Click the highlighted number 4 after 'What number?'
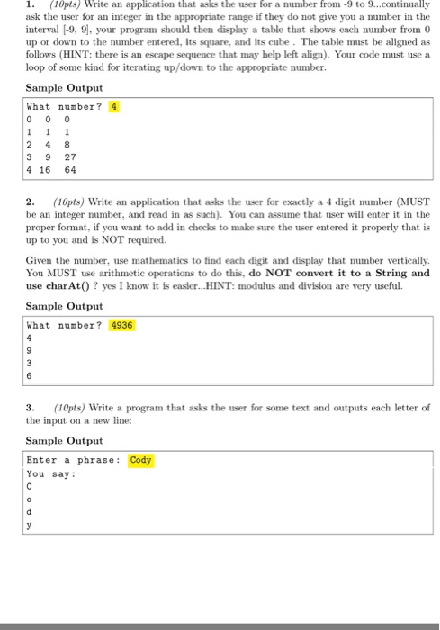pyautogui.click(x=113, y=106)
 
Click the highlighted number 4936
pyautogui.click(x=121, y=325)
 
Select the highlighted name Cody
pyautogui.click(x=141, y=460)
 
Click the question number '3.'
pyautogui.click(x=30, y=406)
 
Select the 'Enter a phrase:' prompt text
pyautogui.click(x=73, y=460)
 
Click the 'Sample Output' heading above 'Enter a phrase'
pyautogui.click(x=64, y=441)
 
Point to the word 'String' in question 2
pyautogui.click(x=389, y=273)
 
